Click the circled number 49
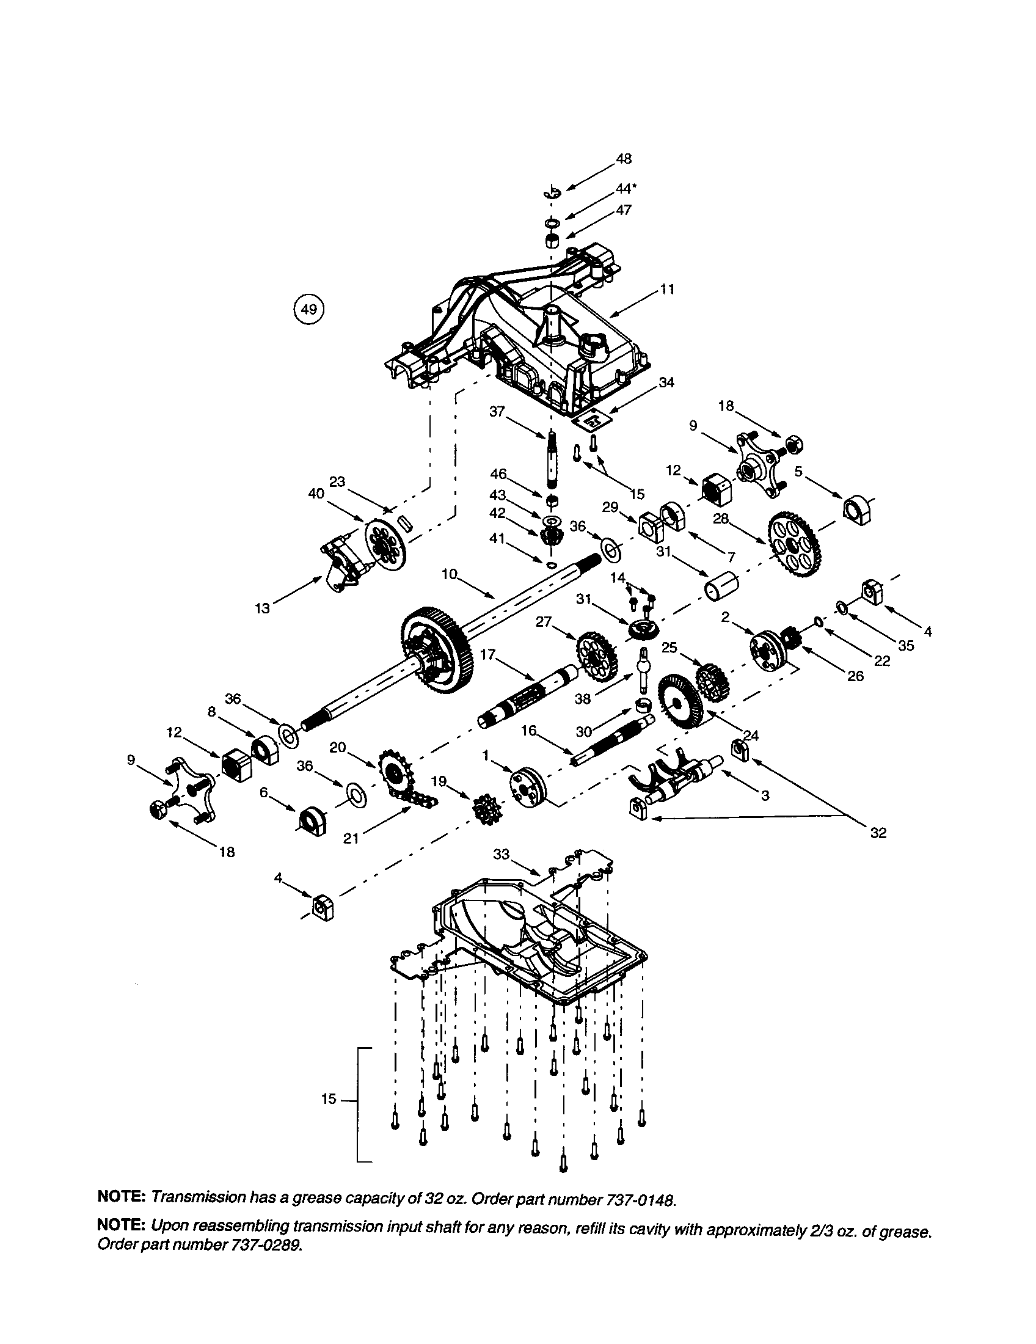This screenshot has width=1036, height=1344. point(308,310)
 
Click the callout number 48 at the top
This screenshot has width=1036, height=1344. point(623,159)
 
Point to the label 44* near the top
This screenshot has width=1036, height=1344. point(626,189)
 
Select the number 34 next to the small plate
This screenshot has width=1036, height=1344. point(666,382)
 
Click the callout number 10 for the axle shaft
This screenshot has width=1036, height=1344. point(450,574)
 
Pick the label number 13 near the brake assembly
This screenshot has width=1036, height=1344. point(263,608)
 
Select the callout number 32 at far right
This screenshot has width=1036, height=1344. point(878,833)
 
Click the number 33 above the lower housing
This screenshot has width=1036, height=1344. point(502,854)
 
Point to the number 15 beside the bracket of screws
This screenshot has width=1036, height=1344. point(329,1098)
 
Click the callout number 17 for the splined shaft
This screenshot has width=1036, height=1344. point(487,655)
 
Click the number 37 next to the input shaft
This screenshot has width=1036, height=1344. point(497,411)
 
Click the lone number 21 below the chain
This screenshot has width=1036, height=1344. point(351,838)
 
